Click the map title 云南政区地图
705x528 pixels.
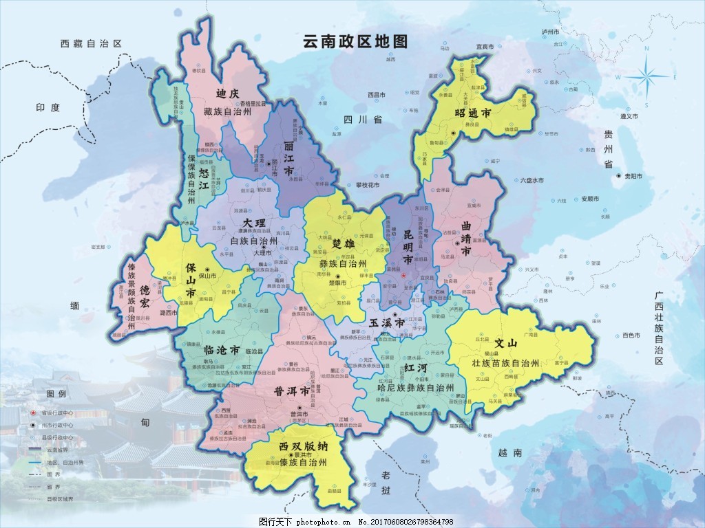[355, 41]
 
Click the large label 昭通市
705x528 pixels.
[472, 112]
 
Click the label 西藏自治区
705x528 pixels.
[91, 43]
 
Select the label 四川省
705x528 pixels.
[363, 119]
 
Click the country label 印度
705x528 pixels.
[48, 108]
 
